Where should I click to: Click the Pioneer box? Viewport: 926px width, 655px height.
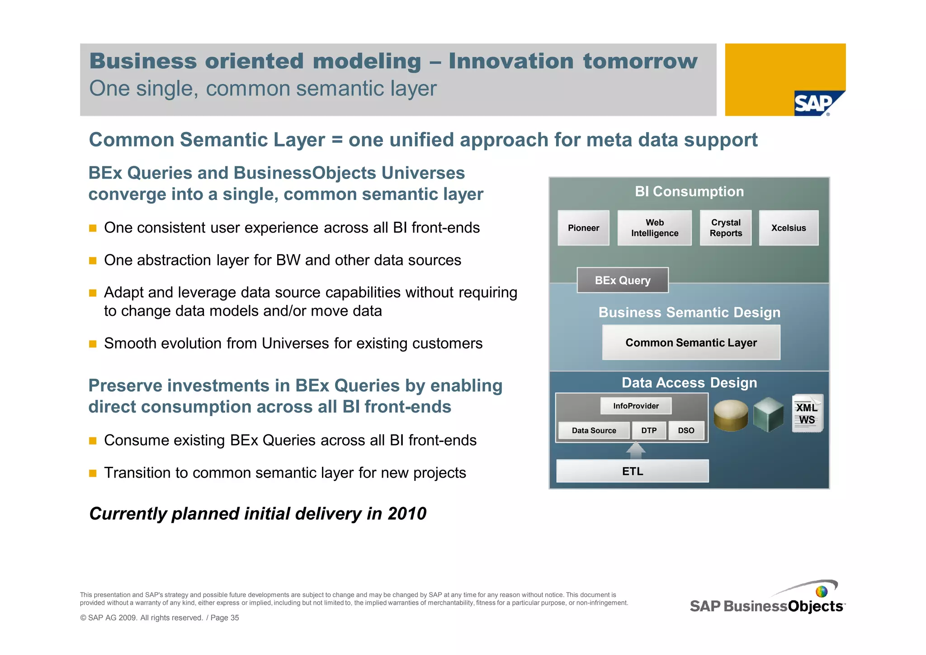pyautogui.click(x=583, y=228)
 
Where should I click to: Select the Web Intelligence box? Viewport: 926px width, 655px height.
pyautogui.click(x=654, y=228)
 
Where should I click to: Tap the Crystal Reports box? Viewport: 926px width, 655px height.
pyautogui.click(x=725, y=228)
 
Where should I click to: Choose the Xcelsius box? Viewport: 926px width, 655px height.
pyautogui.click(x=788, y=228)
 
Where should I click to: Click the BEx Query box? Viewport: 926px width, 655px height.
pyautogui.click(x=622, y=280)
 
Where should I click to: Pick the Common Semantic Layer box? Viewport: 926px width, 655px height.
pyautogui.click(x=690, y=342)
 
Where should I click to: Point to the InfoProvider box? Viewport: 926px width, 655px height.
pyautogui.click(x=635, y=406)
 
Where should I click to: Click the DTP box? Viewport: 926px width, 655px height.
pyautogui.click(x=648, y=430)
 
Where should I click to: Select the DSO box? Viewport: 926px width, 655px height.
pyautogui.click(x=685, y=430)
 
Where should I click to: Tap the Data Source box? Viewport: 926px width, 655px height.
pyautogui.click(x=593, y=430)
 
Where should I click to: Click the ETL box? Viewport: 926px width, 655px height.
pyautogui.click(x=632, y=471)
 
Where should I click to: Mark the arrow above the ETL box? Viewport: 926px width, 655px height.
pyautogui.click(x=636, y=450)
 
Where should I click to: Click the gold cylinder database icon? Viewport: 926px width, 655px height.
pyautogui.click(x=730, y=415)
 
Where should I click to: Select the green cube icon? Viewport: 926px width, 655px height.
pyautogui.click(x=768, y=414)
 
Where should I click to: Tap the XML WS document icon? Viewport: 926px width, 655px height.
pyautogui.click(x=807, y=413)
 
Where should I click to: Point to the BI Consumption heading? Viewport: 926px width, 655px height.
pyautogui.click(x=689, y=191)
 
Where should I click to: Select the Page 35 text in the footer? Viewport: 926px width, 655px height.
pyautogui.click(x=225, y=618)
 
